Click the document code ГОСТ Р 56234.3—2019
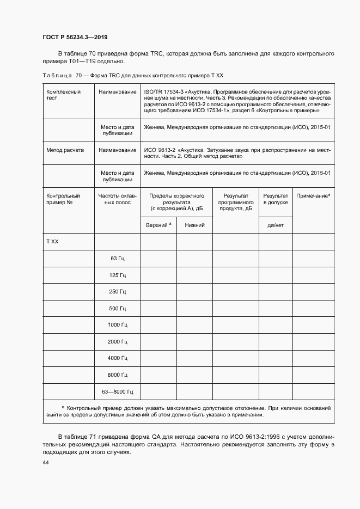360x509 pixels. point(75,37)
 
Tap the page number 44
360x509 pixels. point(46,462)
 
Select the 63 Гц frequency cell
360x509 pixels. point(118,259)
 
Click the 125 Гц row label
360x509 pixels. point(118,275)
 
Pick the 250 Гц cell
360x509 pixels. point(118,292)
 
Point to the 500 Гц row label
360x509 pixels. point(118,309)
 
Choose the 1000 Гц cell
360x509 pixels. point(117,325)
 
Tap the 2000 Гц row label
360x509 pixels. point(117,342)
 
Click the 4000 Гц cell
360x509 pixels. point(117,358)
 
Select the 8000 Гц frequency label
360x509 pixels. point(117,375)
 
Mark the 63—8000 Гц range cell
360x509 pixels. point(118,391)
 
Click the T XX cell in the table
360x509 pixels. point(53,241)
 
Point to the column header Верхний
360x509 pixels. point(158,225)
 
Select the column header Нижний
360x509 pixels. point(194,225)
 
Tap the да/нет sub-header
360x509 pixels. point(276,225)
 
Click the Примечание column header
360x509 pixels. point(313,195)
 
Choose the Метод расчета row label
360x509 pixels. point(65,150)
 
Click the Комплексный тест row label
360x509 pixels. point(64,95)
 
